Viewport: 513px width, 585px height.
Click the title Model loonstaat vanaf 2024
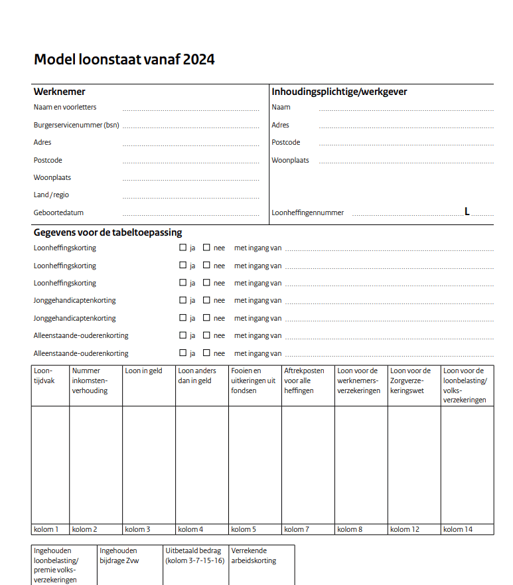coord(124,60)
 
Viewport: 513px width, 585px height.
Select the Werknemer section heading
coord(60,92)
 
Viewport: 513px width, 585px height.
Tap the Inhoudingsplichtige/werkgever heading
coord(339,92)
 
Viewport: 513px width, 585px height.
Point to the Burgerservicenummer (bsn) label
coord(76,125)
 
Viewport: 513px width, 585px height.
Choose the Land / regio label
coord(51,195)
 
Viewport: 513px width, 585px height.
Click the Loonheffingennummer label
coord(307,213)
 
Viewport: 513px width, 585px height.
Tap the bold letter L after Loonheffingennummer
coord(467,212)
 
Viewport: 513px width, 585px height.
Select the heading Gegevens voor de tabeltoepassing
coord(108,232)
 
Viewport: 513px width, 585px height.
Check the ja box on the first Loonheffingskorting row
coord(183,248)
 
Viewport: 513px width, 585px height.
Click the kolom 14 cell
coord(458,529)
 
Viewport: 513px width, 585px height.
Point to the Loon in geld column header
coord(143,371)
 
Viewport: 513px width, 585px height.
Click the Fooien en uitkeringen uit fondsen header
coord(253,380)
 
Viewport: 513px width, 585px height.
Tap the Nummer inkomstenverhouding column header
coord(90,380)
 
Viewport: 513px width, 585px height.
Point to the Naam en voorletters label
coord(65,107)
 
